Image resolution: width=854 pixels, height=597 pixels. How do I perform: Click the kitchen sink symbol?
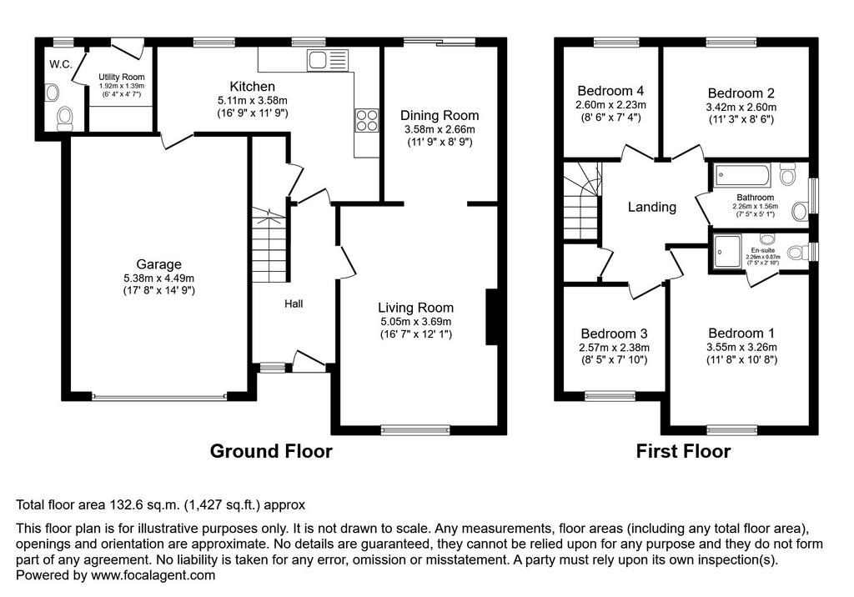pos(327,60)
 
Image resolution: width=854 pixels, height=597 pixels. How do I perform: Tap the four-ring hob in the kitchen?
pos(367,120)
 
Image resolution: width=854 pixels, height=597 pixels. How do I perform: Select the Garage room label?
pos(158,264)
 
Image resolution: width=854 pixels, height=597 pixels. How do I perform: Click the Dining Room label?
pos(440,115)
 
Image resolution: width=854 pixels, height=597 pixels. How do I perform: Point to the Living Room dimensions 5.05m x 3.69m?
pos(415,321)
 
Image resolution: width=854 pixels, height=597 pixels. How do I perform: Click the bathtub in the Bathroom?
pos(742,175)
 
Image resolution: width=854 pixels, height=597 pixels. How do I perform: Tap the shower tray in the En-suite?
pos(727,252)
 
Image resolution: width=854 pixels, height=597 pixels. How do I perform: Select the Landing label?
pos(652,207)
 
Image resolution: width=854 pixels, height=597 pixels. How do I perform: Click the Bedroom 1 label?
pos(741,333)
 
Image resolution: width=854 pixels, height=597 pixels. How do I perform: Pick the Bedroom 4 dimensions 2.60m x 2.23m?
pos(610,104)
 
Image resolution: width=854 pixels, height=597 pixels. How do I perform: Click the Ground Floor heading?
pos(271,451)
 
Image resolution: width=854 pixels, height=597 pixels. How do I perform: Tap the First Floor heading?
pos(683,451)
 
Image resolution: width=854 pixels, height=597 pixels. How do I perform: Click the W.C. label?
pos(60,64)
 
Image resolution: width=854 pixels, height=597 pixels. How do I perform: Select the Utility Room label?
pos(122,77)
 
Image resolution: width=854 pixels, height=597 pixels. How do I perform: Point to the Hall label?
pos(294,304)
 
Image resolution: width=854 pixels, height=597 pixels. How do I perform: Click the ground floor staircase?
pos(269,244)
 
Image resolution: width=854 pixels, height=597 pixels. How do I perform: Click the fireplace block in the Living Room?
pos(492,317)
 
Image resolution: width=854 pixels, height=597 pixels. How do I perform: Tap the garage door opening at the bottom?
pos(159,397)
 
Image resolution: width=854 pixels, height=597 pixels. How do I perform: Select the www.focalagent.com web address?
pos(153,575)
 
